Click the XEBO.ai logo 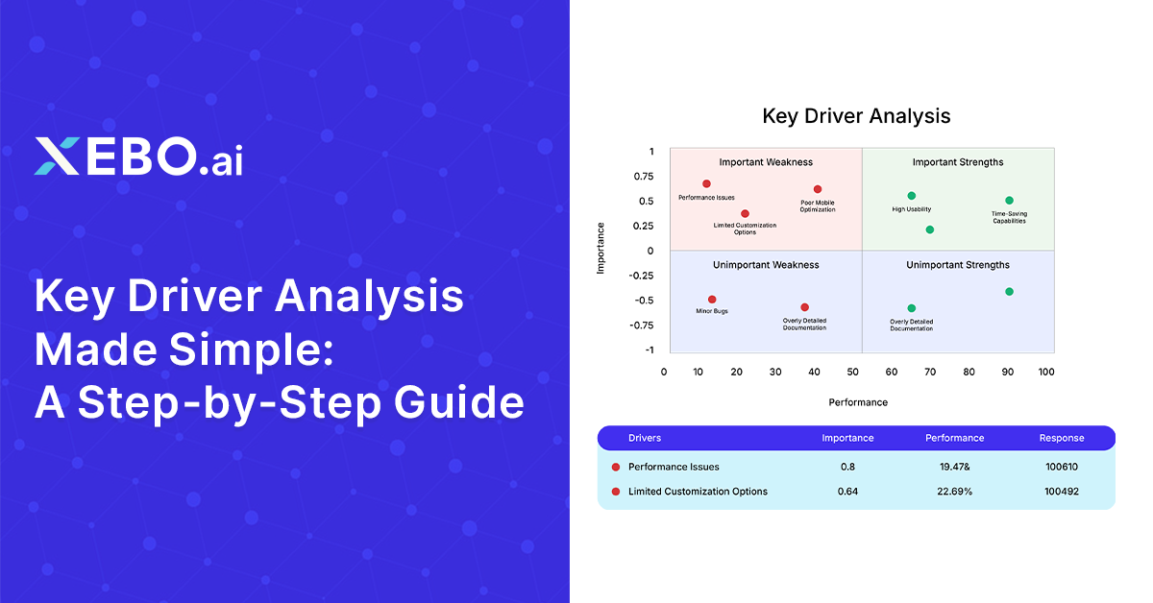point(138,157)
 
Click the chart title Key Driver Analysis point(856,116)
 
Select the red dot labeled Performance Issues point(706,183)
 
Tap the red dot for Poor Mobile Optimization point(818,189)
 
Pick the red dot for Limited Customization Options point(745,214)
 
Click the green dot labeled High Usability point(911,196)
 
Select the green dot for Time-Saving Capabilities point(1009,201)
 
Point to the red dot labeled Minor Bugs point(712,300)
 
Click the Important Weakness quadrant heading point(766,162)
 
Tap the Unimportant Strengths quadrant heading point(958,265)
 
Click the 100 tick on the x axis point(1046,372)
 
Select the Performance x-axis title point(858,402)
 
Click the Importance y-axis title point(601,249)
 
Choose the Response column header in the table point(1062,438)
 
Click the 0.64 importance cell point(847,492)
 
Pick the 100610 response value point(1062,467)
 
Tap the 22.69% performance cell point(954,492)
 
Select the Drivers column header point(645,438)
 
